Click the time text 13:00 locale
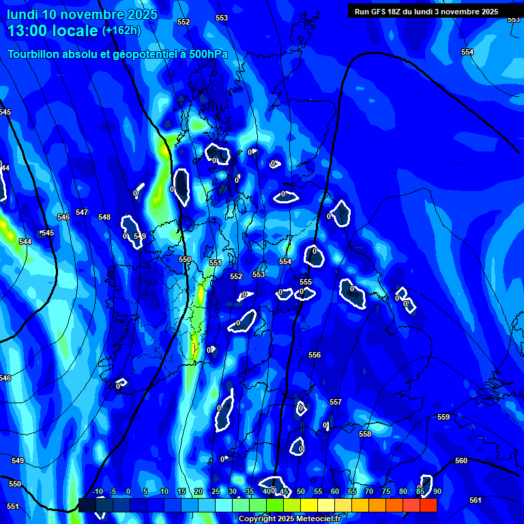53,31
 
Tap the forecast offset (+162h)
121,31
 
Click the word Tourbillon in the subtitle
35,54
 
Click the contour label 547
82,213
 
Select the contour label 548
104,218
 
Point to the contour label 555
306,282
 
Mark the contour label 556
315,355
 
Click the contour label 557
336,403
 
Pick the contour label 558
365,434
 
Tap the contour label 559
443,417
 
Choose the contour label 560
461,461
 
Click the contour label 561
476,500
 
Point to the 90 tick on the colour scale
437,491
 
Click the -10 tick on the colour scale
98,491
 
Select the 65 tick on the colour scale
352,491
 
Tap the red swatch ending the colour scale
428,505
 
